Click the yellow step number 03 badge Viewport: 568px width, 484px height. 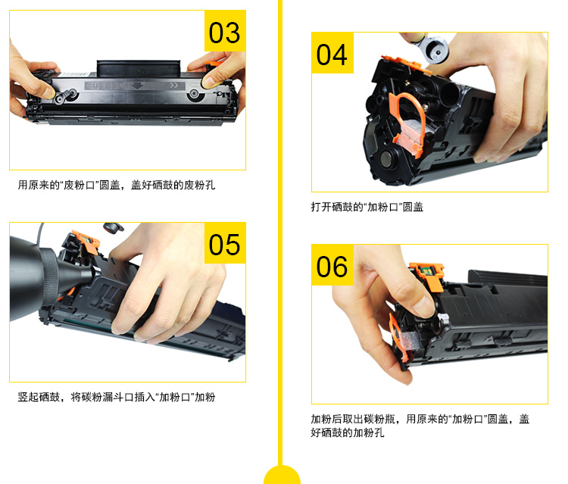click(225, 33)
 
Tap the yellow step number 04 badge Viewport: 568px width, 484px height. click(332, 55)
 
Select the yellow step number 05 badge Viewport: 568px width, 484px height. click(225, 245)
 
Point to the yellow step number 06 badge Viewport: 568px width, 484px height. click(332, 267)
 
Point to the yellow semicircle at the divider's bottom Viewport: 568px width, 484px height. click(282, 475)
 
